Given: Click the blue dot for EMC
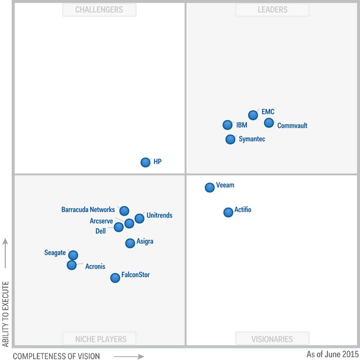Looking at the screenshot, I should [x=253, y=115].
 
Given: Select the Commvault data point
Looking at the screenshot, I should [x=269, y=123].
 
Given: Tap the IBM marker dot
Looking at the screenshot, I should [x=227, y=125].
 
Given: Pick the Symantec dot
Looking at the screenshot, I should [x=230, y=140].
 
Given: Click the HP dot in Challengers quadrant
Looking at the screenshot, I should [x=145, y=162].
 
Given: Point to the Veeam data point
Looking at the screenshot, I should [x=210, y=188].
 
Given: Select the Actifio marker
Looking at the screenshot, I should [x=228, y=212].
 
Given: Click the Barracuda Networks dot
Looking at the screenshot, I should [x=124, y=211].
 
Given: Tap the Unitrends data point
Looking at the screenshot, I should [x=139, y=218].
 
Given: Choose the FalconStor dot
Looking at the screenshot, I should [x=115, y=278].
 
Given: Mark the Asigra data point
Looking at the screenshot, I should [x=130, y=243].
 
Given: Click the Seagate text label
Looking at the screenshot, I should [x=55, y=253].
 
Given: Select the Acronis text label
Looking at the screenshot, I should [x=95, y=266].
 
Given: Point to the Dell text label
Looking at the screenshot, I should [x=101, y=231].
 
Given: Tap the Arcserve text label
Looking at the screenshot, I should [x=101, y=221].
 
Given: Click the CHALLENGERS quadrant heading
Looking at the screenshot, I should [x=99, y=9].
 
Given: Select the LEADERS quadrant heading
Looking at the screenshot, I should [x=272, y=9].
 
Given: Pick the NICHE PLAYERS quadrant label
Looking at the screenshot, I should [x=99, y=339].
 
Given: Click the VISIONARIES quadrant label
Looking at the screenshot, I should [x=272, y=339].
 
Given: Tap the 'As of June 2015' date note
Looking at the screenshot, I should [x=332, y=354].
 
